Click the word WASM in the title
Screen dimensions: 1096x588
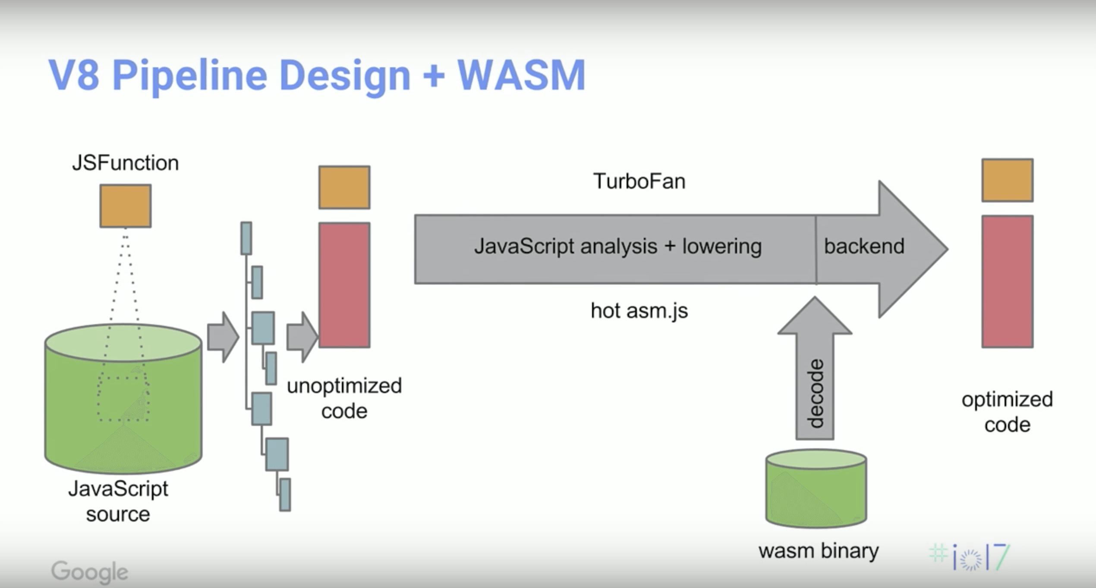[x=522, y=75]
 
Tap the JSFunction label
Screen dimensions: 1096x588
[x=126, y=163]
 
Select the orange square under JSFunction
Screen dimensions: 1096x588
[x=126, y=206]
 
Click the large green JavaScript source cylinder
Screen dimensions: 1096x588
[x=123, y=399]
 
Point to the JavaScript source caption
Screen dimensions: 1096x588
[x=118, y=501]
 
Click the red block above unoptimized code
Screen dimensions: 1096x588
[x=344, y=285]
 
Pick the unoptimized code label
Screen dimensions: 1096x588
[x=344, y=398]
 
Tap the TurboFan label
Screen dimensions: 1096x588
[x=639, y=181]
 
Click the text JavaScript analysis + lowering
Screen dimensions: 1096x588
[x=618, y=247]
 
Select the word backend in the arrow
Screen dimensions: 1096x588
[x=864, y=246]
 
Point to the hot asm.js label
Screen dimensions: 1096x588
[x=639, y=311]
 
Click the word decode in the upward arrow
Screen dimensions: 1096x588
[x=815, y=393]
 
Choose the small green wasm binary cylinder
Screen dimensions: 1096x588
[x=816, y=488]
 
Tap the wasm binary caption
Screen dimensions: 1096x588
[x=819, y=551]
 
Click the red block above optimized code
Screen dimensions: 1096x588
[x=1008, y=281]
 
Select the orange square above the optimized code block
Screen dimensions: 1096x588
[x=1008, y=180]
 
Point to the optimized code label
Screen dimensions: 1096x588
[x=1008, y=412]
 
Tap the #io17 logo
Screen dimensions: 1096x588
[x=970, y=557]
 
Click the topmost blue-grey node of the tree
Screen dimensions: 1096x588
[x=246, y=238]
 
